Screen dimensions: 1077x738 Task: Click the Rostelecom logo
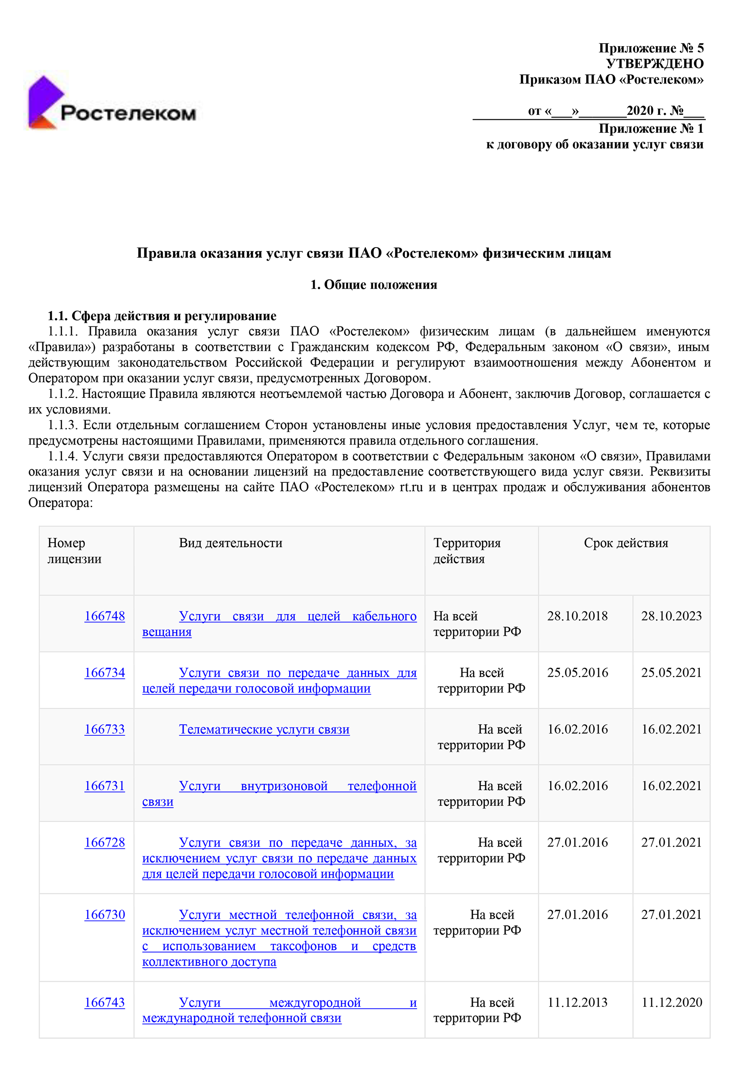coord(111,103)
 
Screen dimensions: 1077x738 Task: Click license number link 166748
coord(104,616)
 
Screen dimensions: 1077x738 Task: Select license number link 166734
coord(104,672)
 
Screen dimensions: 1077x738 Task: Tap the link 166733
coord(104,729)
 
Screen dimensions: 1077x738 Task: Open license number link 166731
coord(104,786)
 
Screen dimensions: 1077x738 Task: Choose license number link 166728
coord(104,842)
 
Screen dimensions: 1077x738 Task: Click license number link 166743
coord(104,1002)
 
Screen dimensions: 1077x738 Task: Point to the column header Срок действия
coord(625,543)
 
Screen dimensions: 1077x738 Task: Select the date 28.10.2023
coord(671,616)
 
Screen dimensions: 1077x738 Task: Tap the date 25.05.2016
coord(577,672)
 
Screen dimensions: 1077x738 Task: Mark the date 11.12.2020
coord(671,1002)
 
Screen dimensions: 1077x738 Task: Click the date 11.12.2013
coord(577,1002)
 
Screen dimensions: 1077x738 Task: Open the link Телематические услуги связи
coord(264,729)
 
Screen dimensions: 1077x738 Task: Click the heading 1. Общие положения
coord(373,284)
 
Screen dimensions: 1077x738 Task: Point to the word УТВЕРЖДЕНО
coord(654,64)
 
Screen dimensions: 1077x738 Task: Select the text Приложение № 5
coord(650,48)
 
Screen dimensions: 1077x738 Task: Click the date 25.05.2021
coord(671,672)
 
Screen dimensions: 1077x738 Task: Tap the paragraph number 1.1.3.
coord(63,425)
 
